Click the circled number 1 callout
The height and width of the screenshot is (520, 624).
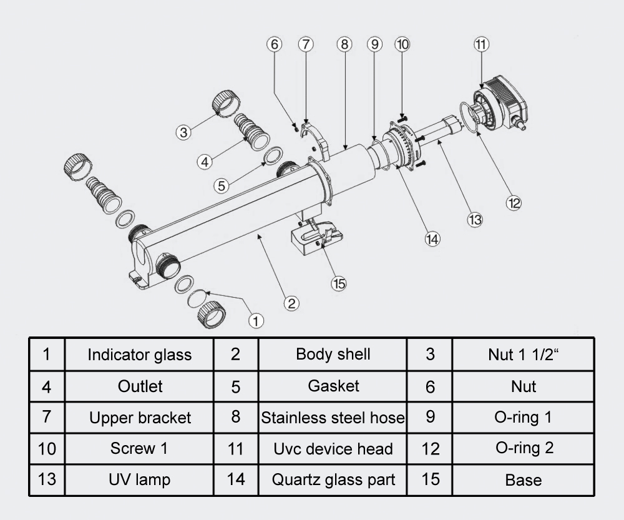256,320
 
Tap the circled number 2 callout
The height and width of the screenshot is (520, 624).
291,303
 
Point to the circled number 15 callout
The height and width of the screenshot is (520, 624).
339,283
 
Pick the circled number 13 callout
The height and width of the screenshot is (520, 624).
475,219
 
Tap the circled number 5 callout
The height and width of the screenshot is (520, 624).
222,185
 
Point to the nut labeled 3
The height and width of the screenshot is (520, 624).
223,103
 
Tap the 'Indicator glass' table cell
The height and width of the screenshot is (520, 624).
139,355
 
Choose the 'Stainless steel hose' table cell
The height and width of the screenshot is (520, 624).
333,418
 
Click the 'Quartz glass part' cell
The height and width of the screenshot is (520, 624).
333,480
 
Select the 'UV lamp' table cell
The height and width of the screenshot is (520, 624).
139,480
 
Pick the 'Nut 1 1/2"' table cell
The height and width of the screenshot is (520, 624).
523,355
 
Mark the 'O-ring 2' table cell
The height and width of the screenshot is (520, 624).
523,448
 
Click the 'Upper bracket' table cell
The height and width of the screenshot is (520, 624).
139,418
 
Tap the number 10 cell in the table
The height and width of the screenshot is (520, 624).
47,448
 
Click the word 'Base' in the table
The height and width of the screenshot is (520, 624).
523,480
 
